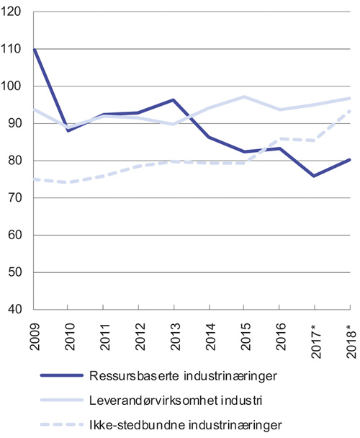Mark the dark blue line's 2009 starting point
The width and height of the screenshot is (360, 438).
pos(34,50)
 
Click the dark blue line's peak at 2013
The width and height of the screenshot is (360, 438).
pos(174,100)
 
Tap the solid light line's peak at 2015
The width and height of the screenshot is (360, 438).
pos(245,97)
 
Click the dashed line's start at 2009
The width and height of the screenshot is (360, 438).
pos(34,179)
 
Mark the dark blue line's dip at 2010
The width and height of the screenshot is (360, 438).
pos(68,130)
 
